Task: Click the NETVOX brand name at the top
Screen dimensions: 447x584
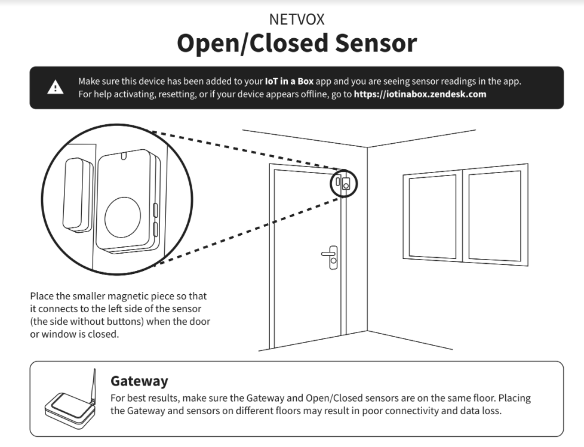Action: point(297,19)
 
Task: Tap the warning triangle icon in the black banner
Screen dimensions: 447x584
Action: point(55,88)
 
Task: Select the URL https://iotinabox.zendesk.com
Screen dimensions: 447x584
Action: point(420,94)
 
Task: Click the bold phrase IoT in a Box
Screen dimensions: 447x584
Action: point(289,81)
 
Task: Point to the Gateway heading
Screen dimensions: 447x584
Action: point(139,381)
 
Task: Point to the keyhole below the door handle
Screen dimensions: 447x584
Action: point(333,261)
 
